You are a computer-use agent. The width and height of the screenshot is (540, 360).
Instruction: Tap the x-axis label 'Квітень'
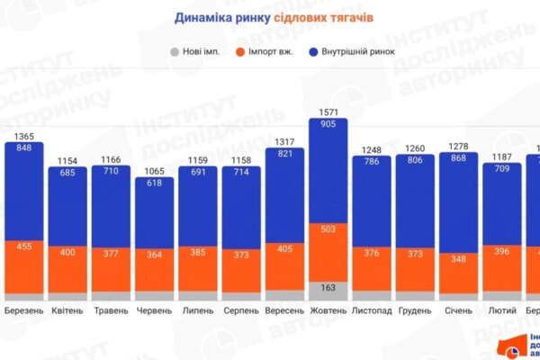67,311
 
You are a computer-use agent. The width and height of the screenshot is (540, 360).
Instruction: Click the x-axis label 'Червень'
155,311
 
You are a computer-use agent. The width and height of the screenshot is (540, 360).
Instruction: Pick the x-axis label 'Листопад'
372,311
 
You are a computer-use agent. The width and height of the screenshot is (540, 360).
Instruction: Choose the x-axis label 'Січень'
459,311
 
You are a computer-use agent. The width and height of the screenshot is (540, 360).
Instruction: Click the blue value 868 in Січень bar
459,158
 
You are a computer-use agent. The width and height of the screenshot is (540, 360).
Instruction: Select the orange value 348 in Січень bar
459,259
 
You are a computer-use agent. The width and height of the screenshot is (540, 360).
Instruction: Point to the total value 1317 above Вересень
285,141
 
